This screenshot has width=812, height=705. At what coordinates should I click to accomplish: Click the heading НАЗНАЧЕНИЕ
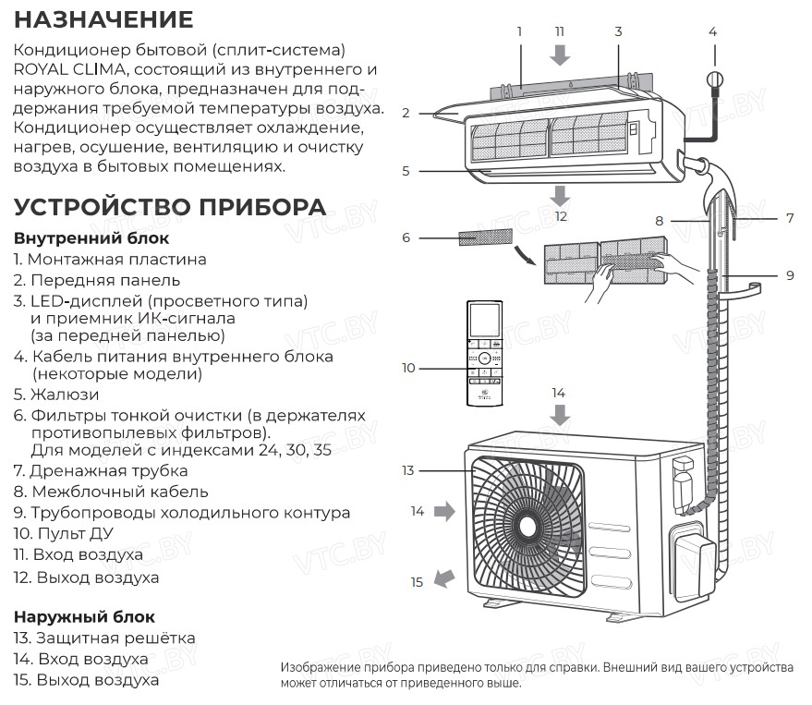click(x=103, y=19)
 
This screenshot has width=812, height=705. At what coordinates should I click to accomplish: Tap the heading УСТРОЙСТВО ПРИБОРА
click(x=170, y=207)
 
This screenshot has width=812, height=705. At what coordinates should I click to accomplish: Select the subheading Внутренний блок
click(x=91, y=238)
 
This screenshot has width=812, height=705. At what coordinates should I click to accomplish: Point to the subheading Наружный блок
click(x=84, y=617)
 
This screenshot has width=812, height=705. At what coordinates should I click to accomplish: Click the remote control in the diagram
click(x=485, y=353)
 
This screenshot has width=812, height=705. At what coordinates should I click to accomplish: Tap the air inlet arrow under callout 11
click(x=560, y=55)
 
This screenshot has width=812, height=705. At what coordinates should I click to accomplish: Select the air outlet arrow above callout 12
click(x=560, y=196)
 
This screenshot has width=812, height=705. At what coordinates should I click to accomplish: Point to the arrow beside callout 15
click(x=444, y=578)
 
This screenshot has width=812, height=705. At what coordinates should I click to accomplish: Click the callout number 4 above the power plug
click(x=712, y=32)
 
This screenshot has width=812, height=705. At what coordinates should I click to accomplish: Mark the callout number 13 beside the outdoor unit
click(x=408, y=470)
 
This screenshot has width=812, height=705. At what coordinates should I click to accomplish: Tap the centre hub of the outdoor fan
click(x=527, y=528)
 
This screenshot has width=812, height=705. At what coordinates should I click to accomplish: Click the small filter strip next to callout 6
click(x=485, y=237)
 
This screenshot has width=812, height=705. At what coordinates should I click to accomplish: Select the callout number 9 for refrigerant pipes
click(x=790, y=275)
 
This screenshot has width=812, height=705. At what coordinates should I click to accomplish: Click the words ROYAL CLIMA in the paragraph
click(x=69, y=69)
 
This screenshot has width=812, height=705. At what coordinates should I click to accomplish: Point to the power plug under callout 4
click(x=715, y=80)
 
